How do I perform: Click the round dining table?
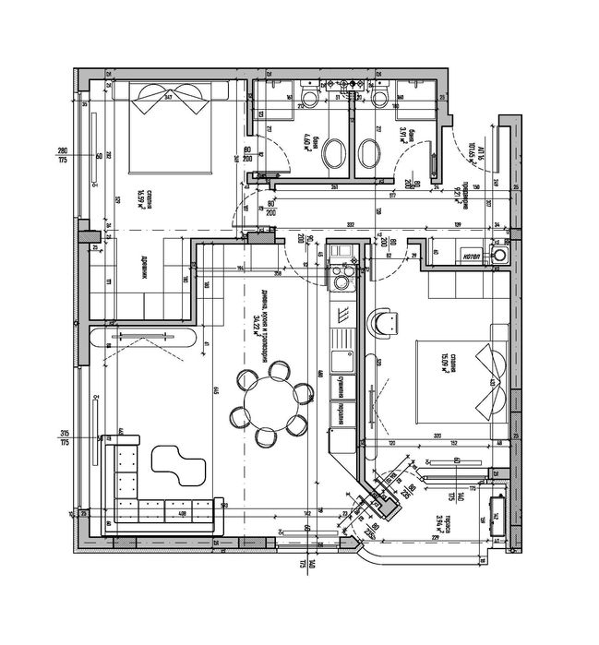tap(271, 398)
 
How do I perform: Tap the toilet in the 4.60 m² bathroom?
tap(306, 101)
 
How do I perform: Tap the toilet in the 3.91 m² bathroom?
tap(379, 101)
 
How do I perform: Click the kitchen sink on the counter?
tap(339, 359)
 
